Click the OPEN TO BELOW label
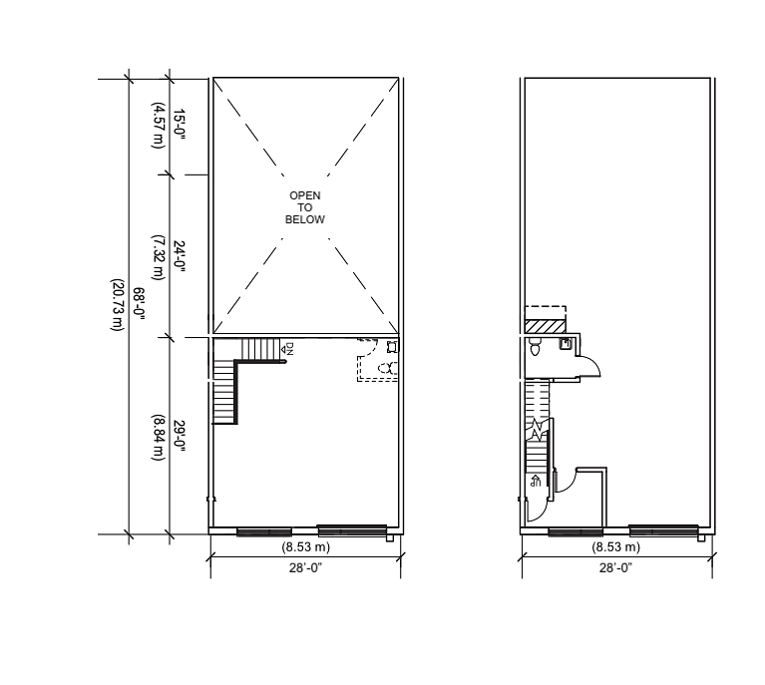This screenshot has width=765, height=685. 305,207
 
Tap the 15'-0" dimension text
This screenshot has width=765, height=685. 180,125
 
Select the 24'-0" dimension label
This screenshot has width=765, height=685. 180,256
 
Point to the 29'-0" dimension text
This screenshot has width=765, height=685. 180,436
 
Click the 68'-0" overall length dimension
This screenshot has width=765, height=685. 139,304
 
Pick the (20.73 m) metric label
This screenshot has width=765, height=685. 117,305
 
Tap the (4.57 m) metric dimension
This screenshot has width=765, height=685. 158,125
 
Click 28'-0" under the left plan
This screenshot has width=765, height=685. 305,568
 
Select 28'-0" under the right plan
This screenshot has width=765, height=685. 615,568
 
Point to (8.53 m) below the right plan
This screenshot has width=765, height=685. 615,547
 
